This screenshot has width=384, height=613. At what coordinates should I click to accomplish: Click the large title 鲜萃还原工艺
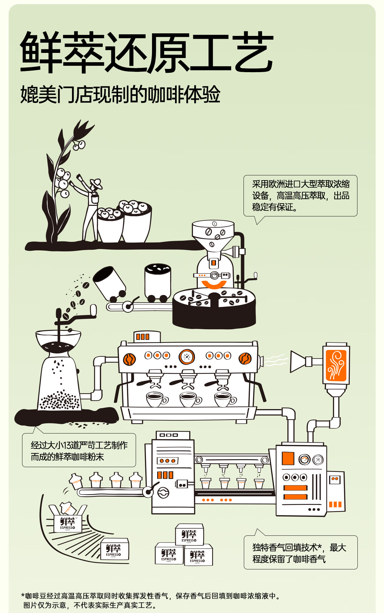coord(147,52)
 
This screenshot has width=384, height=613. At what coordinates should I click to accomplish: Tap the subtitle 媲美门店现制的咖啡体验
coord(120,95)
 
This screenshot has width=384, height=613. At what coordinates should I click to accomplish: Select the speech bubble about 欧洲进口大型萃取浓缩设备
coord(300,196)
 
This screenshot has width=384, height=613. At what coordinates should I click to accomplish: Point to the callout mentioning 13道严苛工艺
coord(79,450)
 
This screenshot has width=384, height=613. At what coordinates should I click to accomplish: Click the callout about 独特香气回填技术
coord(300,553)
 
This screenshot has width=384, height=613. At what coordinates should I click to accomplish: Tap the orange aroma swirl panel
coord(336,365)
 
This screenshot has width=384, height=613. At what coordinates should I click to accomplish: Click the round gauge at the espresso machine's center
coord(187,357)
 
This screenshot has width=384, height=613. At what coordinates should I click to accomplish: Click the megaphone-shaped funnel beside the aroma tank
coord(298,361)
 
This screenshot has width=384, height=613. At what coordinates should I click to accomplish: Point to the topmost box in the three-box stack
coord(189,535)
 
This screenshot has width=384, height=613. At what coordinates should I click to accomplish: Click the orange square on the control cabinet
coord(288,458)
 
